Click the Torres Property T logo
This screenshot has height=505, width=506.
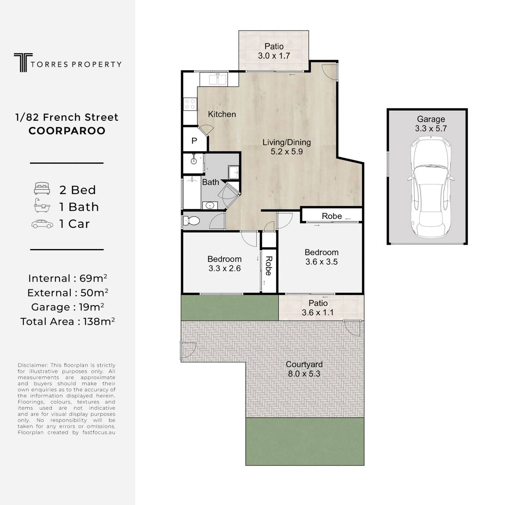[23, 62]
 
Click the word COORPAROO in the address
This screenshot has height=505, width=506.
[67, 131]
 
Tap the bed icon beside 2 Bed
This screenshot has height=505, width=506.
[42, 188]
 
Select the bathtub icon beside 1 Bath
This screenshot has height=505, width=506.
[42, 206]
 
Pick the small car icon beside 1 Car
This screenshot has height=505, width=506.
[42, 224]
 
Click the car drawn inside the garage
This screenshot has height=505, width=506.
[430, 188]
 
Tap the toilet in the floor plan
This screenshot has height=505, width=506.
[191, 221]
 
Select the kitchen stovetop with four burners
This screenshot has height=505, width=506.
[190, 104]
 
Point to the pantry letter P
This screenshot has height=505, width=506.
[194, 141]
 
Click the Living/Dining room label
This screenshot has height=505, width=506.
[287, 142]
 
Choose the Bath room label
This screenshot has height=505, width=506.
[211, 182]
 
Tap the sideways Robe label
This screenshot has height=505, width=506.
[269, 266]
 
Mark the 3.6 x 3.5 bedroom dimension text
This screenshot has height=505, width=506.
[321, 262]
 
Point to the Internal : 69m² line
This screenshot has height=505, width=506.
[67, 278]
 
